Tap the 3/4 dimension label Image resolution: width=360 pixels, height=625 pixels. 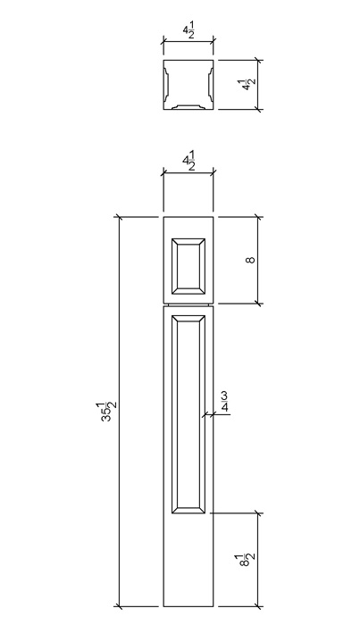pos(224,402)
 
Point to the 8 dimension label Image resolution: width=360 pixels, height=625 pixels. pos(250,261)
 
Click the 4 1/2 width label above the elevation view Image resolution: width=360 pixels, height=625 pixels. pos(189,162)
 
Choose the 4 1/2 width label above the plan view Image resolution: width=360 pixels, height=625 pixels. pos(188,31)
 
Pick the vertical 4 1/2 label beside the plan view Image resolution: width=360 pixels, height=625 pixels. pos(248,85)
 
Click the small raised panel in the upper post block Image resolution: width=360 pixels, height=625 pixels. pos(188,266)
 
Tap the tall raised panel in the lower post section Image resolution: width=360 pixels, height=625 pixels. pos(188,414)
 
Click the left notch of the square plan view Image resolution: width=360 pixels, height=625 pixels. pos(166,84)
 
